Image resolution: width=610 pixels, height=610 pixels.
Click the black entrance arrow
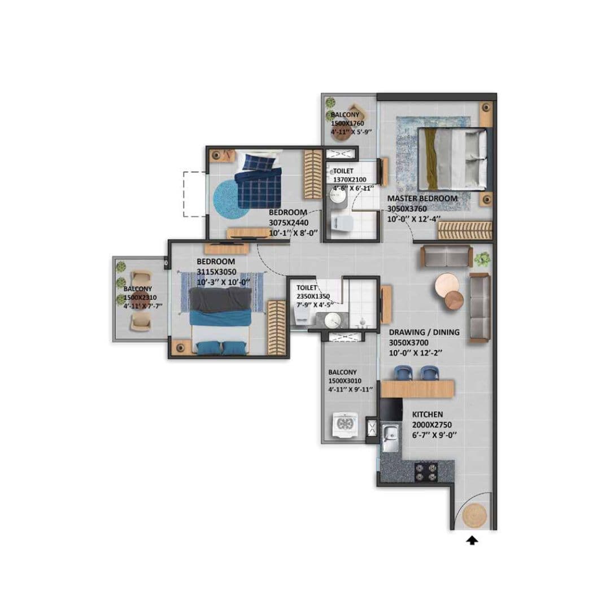pyautogui.click(x=472, y=541)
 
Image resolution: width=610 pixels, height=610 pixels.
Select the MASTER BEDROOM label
pyautogui.click(x=421, y=199)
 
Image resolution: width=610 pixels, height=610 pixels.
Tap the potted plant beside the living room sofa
pyautogui.click(x=482, y=259)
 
